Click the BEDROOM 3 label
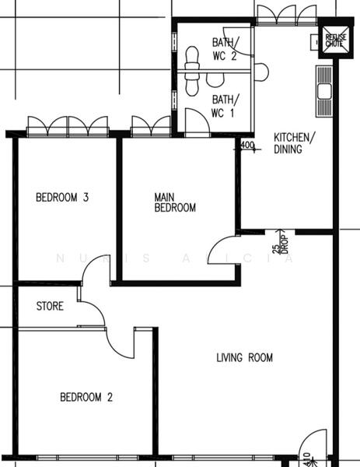tap(62, 198)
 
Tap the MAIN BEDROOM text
tap(174, 203)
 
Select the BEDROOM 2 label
tap(86, 398)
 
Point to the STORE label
tap(50, 307)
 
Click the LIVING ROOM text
tap(244, 358)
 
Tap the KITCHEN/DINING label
tap(295, 144)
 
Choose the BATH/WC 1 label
tap(225, 106)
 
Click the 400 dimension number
tap(248, 145)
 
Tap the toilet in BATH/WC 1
tap(192, 83)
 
